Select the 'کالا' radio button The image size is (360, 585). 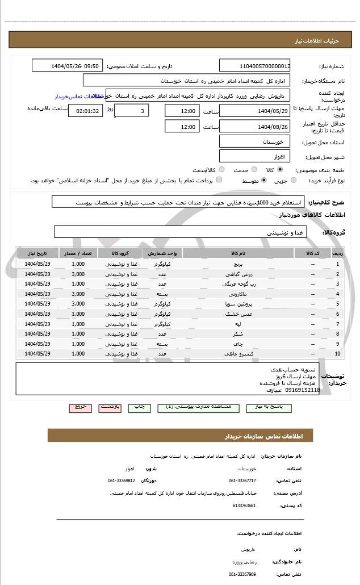[279, 169]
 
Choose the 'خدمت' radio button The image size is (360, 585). [253, 169]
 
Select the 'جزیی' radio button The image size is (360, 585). [293, 180]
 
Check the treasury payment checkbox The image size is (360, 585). [219, 180]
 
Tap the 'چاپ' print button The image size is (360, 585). [139, 407]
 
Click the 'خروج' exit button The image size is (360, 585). [79, 407]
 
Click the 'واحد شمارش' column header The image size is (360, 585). [162, 253]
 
